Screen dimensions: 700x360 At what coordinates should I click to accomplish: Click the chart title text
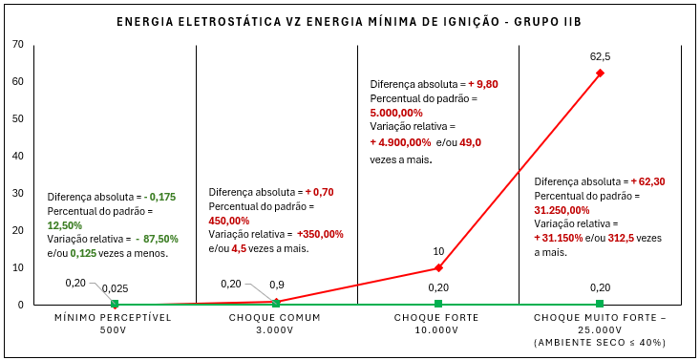(x=350, y=22)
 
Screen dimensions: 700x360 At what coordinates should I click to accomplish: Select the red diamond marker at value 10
(x=438, y=267)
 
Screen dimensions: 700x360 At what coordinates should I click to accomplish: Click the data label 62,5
(x=600, y=57)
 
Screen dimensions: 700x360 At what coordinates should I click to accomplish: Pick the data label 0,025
(x=115, y=288)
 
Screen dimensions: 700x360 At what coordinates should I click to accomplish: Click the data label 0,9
(x=277, y=285)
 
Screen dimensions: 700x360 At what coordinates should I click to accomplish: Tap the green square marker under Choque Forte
(x=438, y=304)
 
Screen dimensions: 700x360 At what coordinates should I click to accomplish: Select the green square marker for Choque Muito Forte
(x=600, y=304)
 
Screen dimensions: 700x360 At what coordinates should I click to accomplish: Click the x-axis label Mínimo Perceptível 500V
(x=113, y=325)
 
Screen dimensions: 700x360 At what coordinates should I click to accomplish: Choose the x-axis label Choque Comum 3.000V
(x=274, y=325)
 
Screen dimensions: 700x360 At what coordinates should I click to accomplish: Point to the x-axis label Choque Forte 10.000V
(x=436, y=325)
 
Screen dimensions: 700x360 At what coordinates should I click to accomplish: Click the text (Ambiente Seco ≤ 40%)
(x=600, y=343)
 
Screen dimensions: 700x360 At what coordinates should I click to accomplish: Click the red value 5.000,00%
(x=396, y=113)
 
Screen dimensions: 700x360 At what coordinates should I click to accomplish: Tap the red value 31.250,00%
(x=562, y=210)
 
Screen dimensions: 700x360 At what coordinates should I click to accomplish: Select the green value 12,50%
(x=65, y=225)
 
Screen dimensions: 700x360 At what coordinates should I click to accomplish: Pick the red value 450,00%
(x=229, y=222)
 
